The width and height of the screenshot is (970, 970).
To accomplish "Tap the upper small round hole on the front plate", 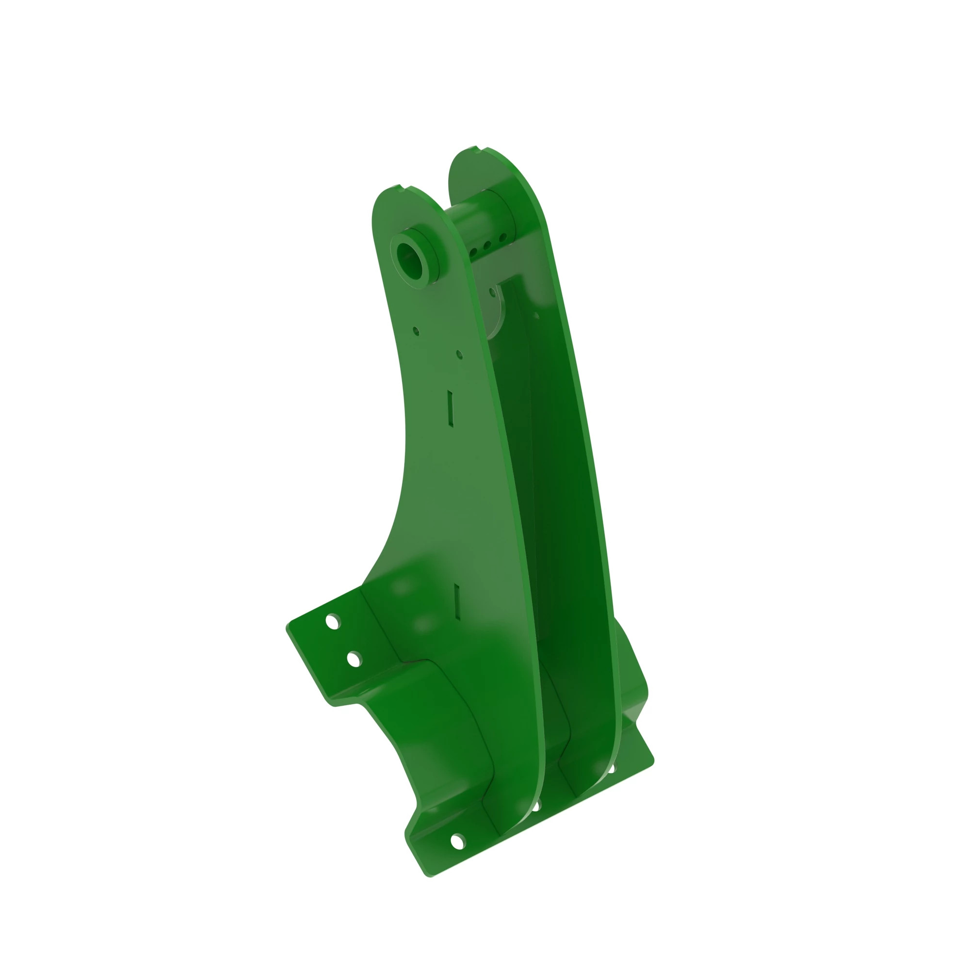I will tap(416, 331).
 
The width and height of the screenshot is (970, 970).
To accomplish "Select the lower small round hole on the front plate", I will tap(459, 355).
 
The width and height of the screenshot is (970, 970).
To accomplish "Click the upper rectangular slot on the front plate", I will tap(451, 409).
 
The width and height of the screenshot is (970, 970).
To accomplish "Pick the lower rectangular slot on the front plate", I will tap(457, 600).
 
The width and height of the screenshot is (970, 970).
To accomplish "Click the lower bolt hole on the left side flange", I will tap(354, 659).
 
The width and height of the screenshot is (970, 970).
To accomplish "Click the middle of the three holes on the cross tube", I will tap(487, 245).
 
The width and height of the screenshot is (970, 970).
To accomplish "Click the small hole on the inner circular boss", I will tap(492, 291).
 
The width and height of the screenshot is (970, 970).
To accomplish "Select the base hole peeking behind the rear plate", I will tap(612, 768).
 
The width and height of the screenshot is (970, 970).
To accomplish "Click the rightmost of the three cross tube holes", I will tap(503, 237).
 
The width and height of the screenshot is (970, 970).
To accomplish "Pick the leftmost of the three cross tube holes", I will tap(473, 252).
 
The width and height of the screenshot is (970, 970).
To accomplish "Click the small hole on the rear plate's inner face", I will tap(536, 316).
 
